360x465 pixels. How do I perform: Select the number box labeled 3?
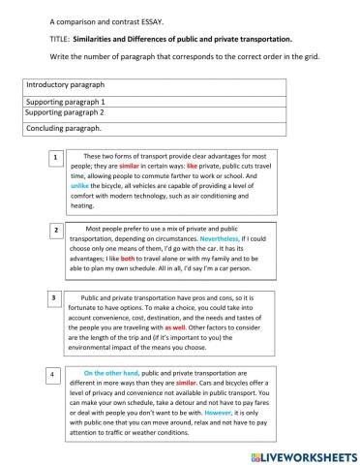[56, 296]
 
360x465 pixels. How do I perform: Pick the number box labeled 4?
[56, 373]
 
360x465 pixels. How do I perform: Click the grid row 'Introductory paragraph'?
[155, 86]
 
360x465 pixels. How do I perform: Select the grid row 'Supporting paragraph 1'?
[155, 101]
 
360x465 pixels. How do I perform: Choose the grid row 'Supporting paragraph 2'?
[155, 112]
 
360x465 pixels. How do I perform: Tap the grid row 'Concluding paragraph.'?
[155, 128]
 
